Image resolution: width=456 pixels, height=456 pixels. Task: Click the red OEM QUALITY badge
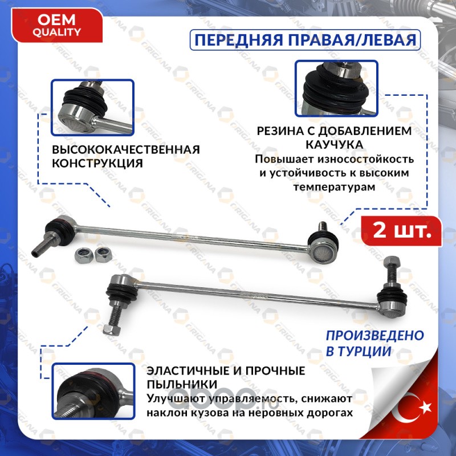pos(56,26)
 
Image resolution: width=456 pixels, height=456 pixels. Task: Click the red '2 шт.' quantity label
pos(402,231)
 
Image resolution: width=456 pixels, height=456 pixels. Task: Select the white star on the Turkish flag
pos(425,407)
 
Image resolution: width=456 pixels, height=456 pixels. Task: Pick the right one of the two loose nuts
pos(102,254)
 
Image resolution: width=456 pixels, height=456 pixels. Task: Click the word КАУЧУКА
pos(335,145)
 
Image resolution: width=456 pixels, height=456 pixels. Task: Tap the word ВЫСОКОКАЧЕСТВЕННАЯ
pos(126,149)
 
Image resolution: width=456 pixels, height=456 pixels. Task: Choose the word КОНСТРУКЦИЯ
pos(97,164)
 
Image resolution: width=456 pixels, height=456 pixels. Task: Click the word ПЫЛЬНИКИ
pos(182,384)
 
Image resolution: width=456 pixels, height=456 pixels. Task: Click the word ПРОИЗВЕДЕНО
pos(375,336)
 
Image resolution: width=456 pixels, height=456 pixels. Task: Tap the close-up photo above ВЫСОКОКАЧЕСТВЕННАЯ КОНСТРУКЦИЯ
pos(92,107)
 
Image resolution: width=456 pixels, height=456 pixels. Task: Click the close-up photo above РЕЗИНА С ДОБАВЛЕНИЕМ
pos(336,88)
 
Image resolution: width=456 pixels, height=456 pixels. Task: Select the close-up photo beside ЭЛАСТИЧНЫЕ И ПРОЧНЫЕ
pos(93,391)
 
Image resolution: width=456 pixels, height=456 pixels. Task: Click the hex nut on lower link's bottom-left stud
pos(112,329)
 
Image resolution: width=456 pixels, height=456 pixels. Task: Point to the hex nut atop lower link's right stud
pos(392,262)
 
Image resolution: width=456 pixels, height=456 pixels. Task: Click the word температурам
pos(334,187)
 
